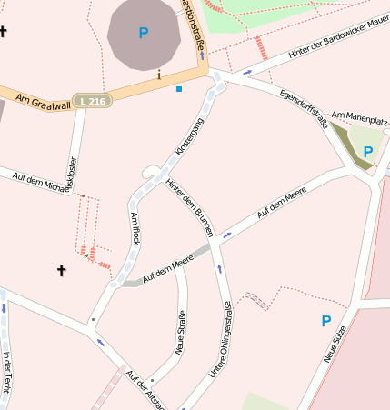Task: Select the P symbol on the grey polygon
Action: tap(143, 33)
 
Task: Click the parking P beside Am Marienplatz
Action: tap(367, 152)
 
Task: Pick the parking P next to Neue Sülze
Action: tap(325, 321)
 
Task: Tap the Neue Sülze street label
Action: tap(336, 346)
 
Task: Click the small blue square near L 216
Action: tap(179, 89)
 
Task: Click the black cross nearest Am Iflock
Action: tap(62, 270)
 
